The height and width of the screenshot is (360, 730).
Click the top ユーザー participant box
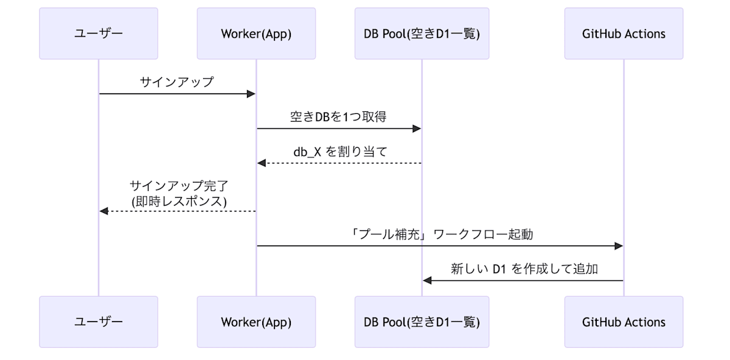[x=99, y=33]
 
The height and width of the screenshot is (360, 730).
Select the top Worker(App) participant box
[x=256, y=33]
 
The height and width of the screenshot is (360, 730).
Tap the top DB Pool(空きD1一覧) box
[x=422, y=33]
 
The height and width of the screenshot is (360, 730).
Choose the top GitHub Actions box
[x=624, y=33]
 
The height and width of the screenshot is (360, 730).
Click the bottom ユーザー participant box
[x=99, y=322]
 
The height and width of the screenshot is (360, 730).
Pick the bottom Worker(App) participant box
[x=256, y=322]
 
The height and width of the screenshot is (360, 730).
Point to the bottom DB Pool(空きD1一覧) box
[x=422, y=322]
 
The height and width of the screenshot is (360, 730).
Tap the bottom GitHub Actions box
[x=624, y=322]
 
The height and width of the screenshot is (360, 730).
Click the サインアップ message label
[x=177, y=82]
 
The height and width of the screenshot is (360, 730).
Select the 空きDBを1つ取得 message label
[x=338, y=117]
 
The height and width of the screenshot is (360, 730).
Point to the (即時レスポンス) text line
[x=177, y=200]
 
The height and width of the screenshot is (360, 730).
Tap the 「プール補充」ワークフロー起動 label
[x=440, y=234]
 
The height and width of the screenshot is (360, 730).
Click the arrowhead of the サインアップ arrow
[x=251, y=94]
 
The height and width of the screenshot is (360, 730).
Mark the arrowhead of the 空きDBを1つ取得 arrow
[x=417, y=128]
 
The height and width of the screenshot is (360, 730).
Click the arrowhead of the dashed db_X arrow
[x=262, y=163]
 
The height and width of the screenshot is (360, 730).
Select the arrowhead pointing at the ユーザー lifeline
[x=104, y=211]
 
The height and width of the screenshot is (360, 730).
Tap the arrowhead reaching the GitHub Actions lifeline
[x=619, y=246]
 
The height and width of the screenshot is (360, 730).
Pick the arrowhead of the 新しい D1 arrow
[x=427, y=280]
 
